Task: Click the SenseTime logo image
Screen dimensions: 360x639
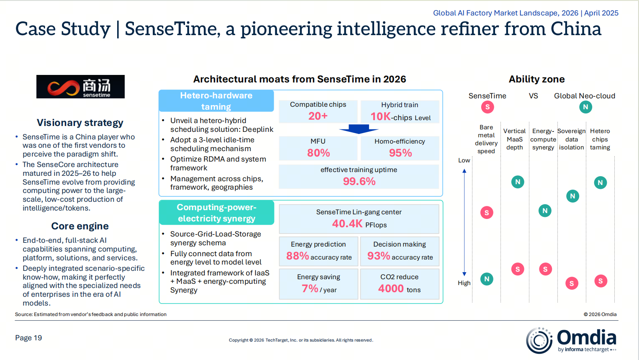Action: coord(80,87)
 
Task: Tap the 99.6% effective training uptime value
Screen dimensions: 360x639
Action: coord(359,181)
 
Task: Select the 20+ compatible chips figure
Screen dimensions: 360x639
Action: coord(318,116)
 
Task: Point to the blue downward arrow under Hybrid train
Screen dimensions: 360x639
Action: coord(359,129)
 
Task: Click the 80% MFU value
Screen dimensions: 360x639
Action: coord(318,153)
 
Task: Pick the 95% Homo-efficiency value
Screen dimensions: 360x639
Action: coord(400,153)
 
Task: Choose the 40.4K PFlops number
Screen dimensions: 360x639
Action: coord(347,224)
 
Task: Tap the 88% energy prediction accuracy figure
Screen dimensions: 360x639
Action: coord(298,256)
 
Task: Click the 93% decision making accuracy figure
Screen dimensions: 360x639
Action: coord(379,256)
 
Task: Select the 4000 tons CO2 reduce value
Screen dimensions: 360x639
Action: coord(391,289)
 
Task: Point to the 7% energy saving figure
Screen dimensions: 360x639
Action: coord(310,288)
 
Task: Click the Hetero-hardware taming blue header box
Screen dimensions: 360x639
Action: coord(216,101)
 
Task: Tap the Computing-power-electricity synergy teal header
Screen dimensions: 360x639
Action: coord(216,213)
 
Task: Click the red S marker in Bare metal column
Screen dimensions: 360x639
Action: coord(487,213)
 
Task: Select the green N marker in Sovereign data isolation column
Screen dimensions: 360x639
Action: coord(572,196)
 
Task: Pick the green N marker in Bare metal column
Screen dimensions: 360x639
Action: coord(487,279)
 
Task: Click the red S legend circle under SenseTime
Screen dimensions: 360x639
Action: coord(488,107)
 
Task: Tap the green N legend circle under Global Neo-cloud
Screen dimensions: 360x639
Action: coord(585,107)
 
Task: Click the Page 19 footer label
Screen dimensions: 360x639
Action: coord(28,338)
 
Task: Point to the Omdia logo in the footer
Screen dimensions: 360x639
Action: coord(571,340)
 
